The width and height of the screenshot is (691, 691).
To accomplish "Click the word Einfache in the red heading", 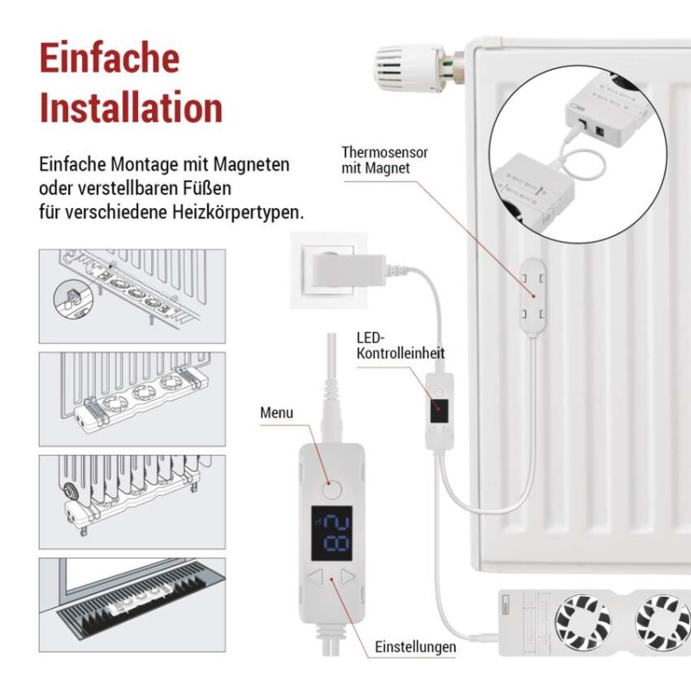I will [110, 59].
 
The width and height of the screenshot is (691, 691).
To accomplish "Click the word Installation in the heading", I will [131, 109].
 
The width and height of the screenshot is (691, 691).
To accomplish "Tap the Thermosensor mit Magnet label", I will [384, 160].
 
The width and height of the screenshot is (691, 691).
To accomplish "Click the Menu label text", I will [276, 413].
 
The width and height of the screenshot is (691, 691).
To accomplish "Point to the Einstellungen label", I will [415, 646].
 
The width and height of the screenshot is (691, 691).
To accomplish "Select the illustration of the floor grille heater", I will [132, 604].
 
